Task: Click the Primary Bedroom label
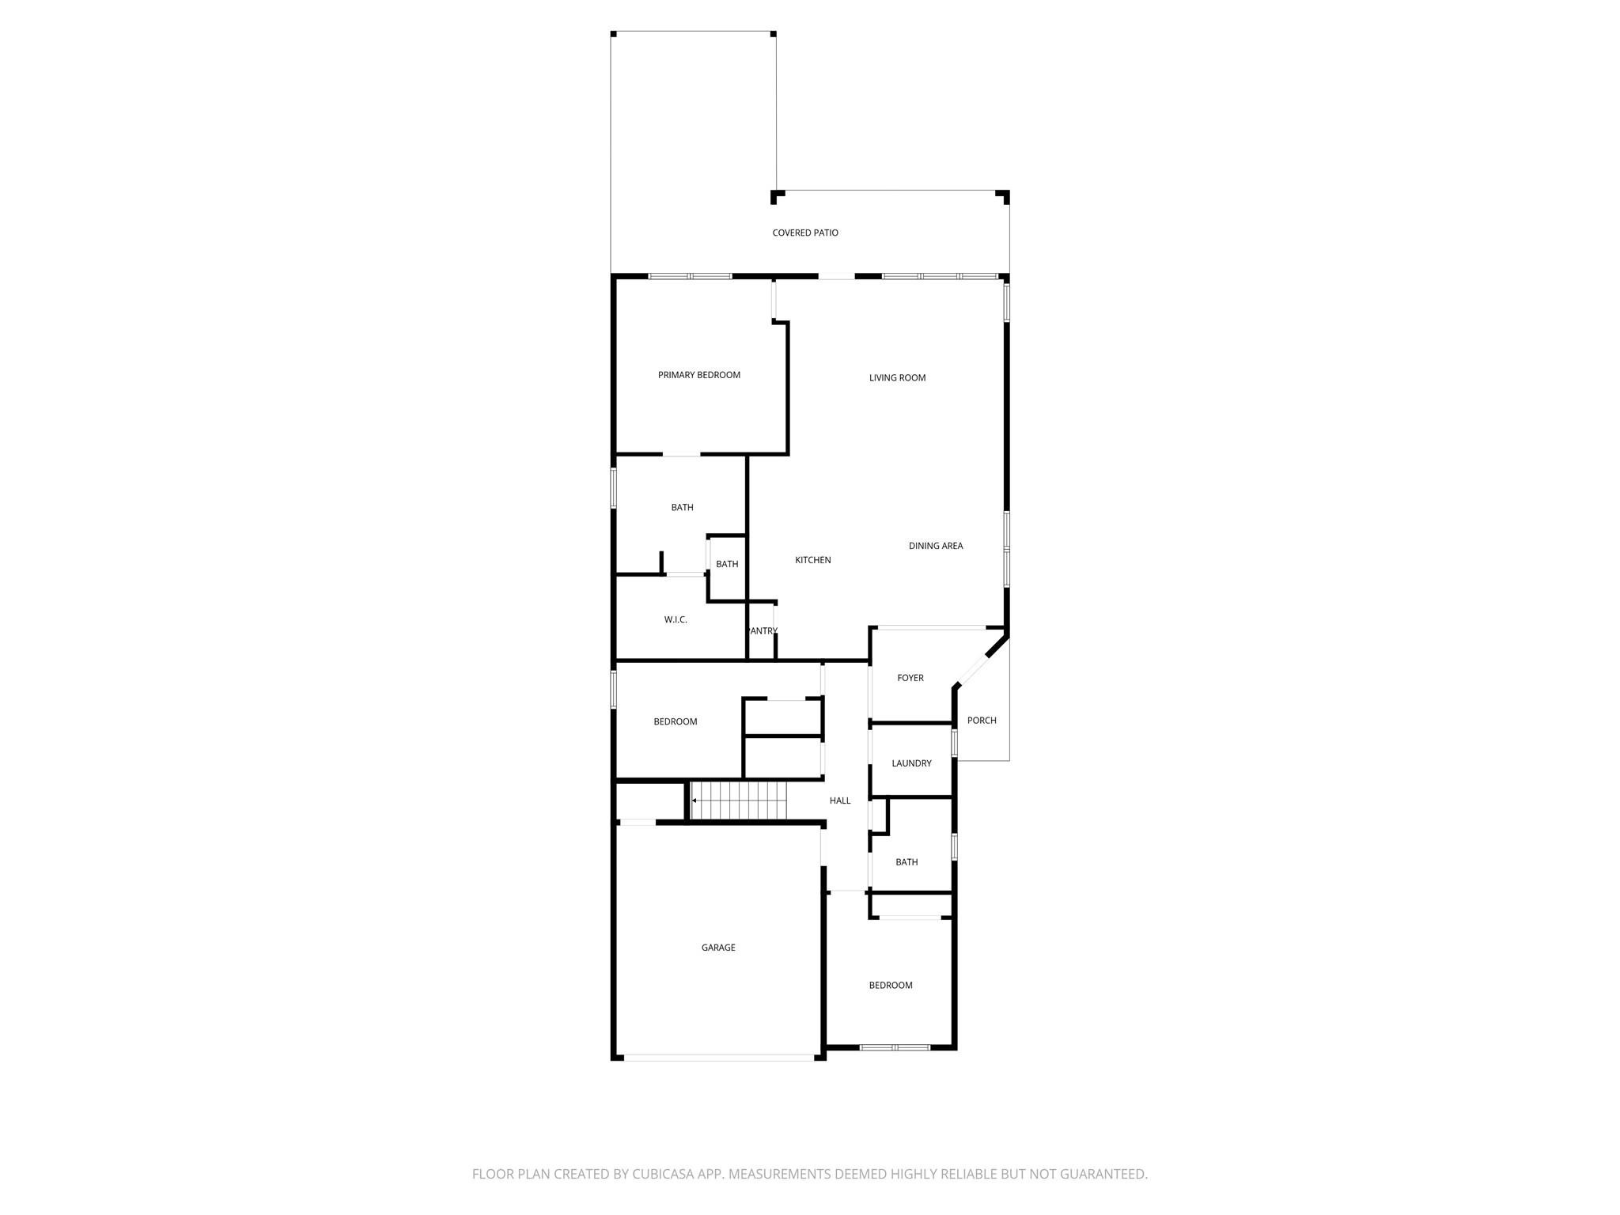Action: coord(698,375)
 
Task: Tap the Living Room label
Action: coord(897,378)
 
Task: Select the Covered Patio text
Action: coord(804,233)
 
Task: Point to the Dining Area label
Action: coord(935,546)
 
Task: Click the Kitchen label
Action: coord(812,560)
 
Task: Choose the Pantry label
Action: coord(763,631)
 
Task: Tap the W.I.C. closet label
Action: coord(675,619)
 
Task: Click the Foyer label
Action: coord(910,678)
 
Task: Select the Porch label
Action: coord(981,721)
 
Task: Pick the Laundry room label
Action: coord(911,763)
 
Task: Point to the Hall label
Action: coord(839,801)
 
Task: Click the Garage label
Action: coord(717,948)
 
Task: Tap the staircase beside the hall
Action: coord(740,801)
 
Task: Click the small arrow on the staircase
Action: coord(695,801)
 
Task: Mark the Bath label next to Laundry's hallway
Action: coord(907,862)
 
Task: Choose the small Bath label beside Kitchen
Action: coord(726,564)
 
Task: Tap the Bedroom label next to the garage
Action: coord(890,986)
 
